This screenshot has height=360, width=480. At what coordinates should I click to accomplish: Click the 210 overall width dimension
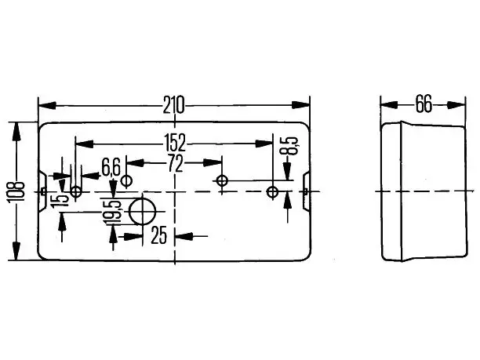(x=173, y=105)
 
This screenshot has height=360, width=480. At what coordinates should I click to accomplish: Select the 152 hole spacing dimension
(x=175, y=143)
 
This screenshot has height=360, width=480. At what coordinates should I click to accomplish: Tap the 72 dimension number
(x=175, y=163)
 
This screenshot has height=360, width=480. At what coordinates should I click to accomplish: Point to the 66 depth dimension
(x=424, y=104)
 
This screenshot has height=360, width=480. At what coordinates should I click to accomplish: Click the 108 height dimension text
(x=16, y=192)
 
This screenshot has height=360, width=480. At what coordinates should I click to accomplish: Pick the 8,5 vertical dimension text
(x=289, y=146)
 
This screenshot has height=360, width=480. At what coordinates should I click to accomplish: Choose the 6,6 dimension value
(x=111, y=168)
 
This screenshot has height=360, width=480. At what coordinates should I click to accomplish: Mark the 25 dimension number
(x=159, y=235)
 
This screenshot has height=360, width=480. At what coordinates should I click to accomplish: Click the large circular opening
(x=142, y=211)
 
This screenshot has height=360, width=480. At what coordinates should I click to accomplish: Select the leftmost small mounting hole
(x=75, y=192)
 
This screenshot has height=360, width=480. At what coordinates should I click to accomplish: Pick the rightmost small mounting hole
(x=272, y=192)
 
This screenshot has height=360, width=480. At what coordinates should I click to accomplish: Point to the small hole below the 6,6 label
(x=126, y=180)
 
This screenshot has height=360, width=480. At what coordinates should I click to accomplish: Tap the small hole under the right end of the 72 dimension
(x=222, y=180)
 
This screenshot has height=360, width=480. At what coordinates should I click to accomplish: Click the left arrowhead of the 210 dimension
(x=47, y=105)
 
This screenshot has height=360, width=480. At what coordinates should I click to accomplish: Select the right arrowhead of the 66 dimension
(x=456, y=104)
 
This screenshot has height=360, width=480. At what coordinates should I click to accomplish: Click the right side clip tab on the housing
(x=306, y=191)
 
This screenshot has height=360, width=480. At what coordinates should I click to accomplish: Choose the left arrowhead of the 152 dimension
(x=85, y=144)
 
